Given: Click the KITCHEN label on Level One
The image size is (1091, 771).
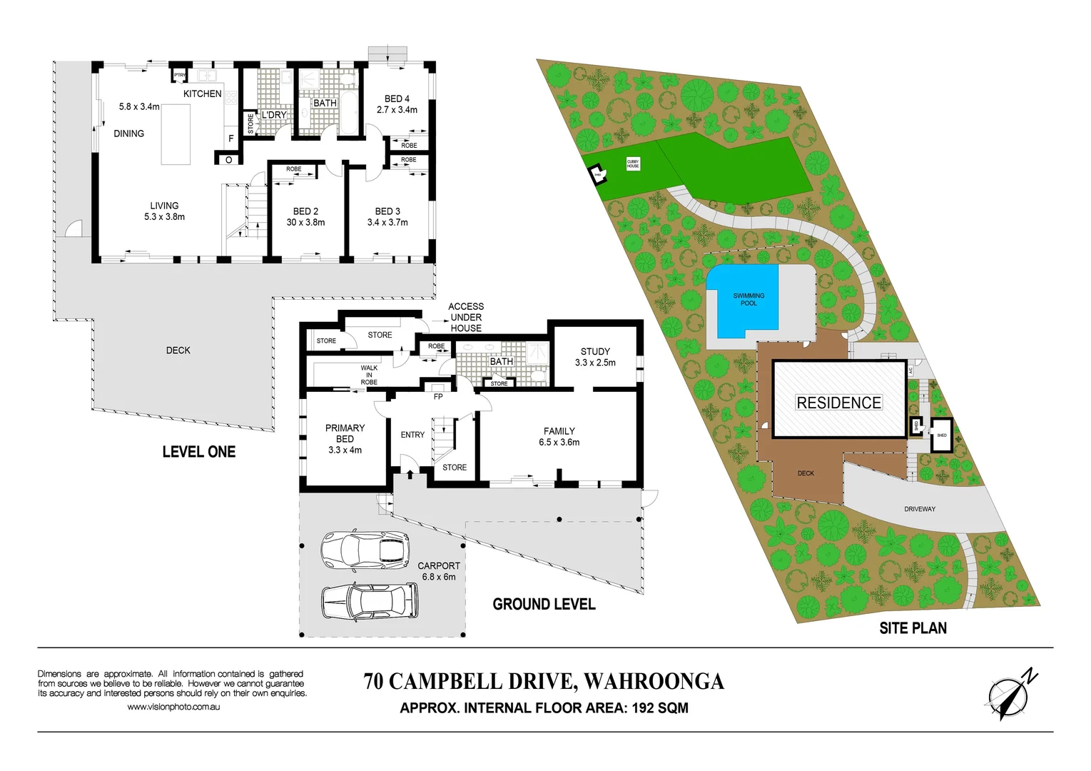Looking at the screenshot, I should tap(202, 94).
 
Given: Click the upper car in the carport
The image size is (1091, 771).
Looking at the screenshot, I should tap(364, 550).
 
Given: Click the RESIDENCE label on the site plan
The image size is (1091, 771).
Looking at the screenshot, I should tap(838, 403).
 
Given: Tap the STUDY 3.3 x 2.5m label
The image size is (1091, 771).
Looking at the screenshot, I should tap(595, 357).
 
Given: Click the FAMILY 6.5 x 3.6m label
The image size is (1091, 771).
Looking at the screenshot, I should tap(559, 436).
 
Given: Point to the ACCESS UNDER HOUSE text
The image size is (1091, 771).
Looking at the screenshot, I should tap(466, 317).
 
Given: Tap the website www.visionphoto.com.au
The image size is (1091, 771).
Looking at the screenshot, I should tap(173, 707).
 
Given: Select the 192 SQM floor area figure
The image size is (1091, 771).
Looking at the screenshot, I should tap(660, 708).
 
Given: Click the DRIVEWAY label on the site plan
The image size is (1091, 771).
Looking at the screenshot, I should tap(919, 509).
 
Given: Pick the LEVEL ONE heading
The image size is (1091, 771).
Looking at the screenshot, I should tap(198, 452).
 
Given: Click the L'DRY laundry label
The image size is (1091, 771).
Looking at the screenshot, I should tap(274, 115).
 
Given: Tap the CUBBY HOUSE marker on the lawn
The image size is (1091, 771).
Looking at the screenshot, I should tap(633, 163).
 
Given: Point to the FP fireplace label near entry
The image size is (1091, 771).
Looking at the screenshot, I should tap(438, 396).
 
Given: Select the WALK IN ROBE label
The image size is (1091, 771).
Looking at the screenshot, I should tap(369, 375).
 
